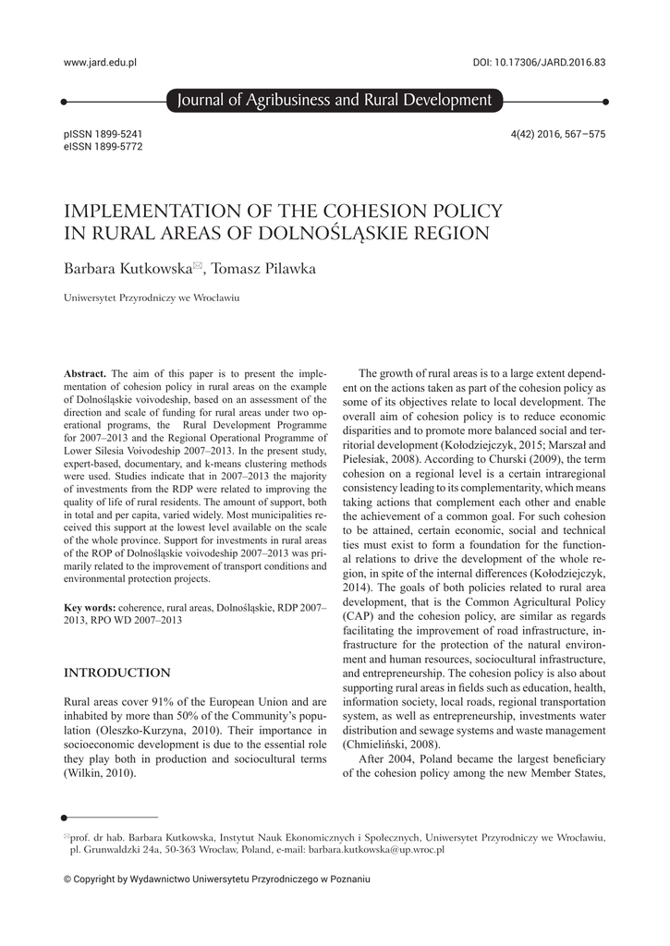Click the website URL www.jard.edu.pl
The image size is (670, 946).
[x=100, y=62]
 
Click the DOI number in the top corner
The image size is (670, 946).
[x=539, y=62]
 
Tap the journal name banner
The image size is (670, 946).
[x=334, y=101]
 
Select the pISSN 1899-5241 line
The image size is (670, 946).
[x=103, y=134]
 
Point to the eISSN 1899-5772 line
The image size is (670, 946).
[x=103, y=146]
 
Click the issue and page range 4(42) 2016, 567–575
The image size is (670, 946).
[x=557, y=134]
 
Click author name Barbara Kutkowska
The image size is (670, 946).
[x=127, y=269]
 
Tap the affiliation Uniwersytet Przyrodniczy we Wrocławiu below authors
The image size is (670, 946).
[x=152, y=298]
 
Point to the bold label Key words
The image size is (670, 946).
[x=89, y=607]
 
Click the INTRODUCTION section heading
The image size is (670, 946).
[x=116, y=673]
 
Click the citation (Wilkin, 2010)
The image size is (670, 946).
[x=100, y=772]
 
